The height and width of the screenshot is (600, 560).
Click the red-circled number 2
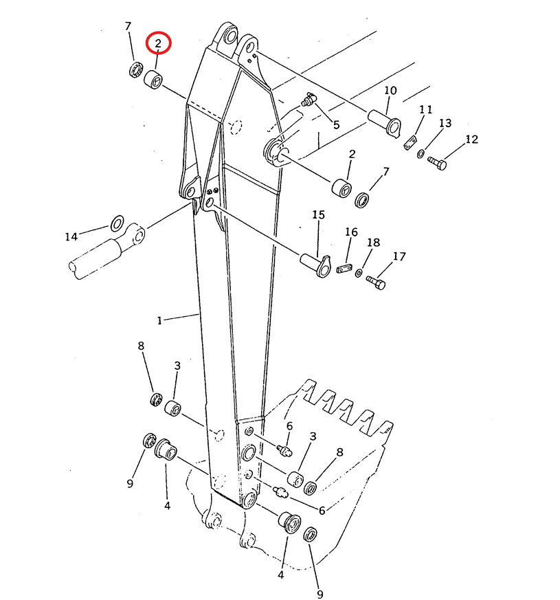point(158,43)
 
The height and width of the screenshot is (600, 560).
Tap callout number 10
point(390,91)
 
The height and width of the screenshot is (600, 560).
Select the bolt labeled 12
point(437,164)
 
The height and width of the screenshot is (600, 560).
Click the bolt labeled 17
point(376,282)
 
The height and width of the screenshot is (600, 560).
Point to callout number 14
point(71,237)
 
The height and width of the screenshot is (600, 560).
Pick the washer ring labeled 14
point(117,223)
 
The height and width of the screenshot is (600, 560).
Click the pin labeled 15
point(315,265)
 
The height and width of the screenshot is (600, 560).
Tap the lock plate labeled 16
point(344,268)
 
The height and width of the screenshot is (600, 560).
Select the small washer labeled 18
point(359,274)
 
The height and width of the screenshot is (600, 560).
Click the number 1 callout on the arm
point(159,320)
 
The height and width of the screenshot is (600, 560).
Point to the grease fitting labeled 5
point(309,100)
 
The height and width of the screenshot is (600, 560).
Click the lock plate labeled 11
point(410,142)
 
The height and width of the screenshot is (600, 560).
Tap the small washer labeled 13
point(420,154)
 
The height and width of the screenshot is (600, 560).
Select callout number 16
point(351,232)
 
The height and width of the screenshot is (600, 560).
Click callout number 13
point(445,123)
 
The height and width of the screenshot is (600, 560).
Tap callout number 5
point(336,125)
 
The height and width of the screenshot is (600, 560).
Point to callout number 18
point(373,243)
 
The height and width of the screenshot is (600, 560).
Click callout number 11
point(425,110)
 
